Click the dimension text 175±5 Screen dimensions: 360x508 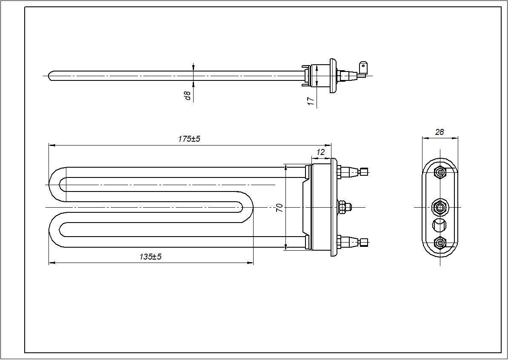[x=189, y=139]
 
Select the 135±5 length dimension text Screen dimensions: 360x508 [x=151, y=257]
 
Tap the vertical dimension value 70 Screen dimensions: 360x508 [x=280, y=208]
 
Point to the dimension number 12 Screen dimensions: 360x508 [x=321, y=152]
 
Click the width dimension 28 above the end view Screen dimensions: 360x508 [x=440, y=132]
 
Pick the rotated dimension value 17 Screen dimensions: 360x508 [x=311, y=101]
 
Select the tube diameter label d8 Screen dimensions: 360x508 [x=187, y=96]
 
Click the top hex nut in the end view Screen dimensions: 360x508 [x=440, y=172]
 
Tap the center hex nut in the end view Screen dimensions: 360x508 [x=440, y=207]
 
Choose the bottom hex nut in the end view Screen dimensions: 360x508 [x=440, y=243]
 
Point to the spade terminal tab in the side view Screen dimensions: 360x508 [x=363, y=67]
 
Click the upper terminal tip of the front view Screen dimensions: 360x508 [x=364, y=172]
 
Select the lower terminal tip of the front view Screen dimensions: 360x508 [x=364, y=243]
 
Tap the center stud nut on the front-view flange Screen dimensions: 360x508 [x=344, y=207]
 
